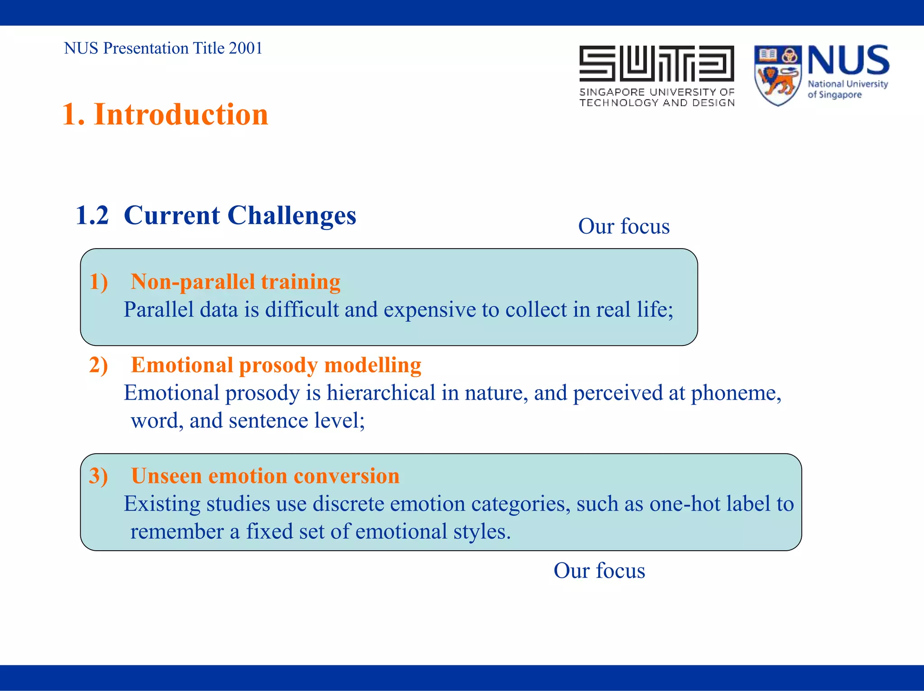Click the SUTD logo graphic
pos(656,64)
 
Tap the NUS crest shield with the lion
pos(777,75)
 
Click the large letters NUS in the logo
pos(848,61)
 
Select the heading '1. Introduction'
pos(165,114)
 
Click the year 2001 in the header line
pos(245,48)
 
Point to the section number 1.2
pos(92,215)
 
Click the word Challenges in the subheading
pos(292,215)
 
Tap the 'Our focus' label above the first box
pos(624,226)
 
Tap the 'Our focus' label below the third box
pos(599,571)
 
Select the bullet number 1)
pos(98,282)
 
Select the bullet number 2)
pos(98,365)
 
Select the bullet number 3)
pos(98,476)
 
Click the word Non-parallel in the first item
pos(193,282)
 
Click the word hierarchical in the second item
pos(381,393)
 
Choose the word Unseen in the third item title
pos(166,476)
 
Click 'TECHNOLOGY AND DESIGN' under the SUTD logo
pos(656,103)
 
